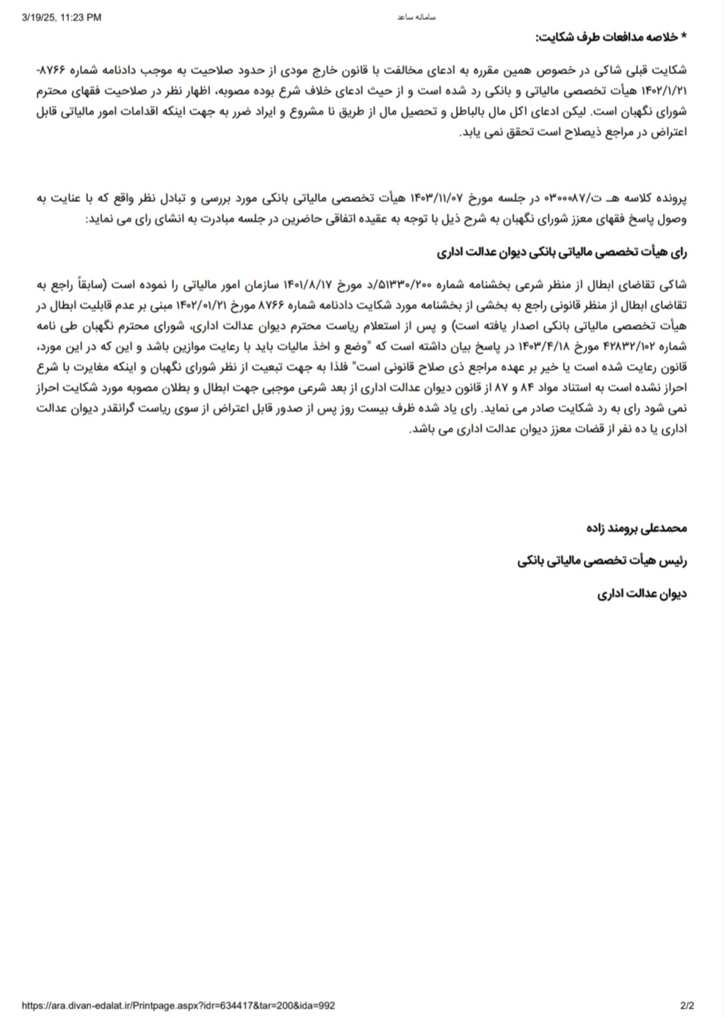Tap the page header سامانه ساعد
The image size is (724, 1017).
click(x=416, y=17)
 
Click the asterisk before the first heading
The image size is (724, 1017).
click(x=684, y=37)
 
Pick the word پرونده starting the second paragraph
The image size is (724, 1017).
click(x=671, y=199)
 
